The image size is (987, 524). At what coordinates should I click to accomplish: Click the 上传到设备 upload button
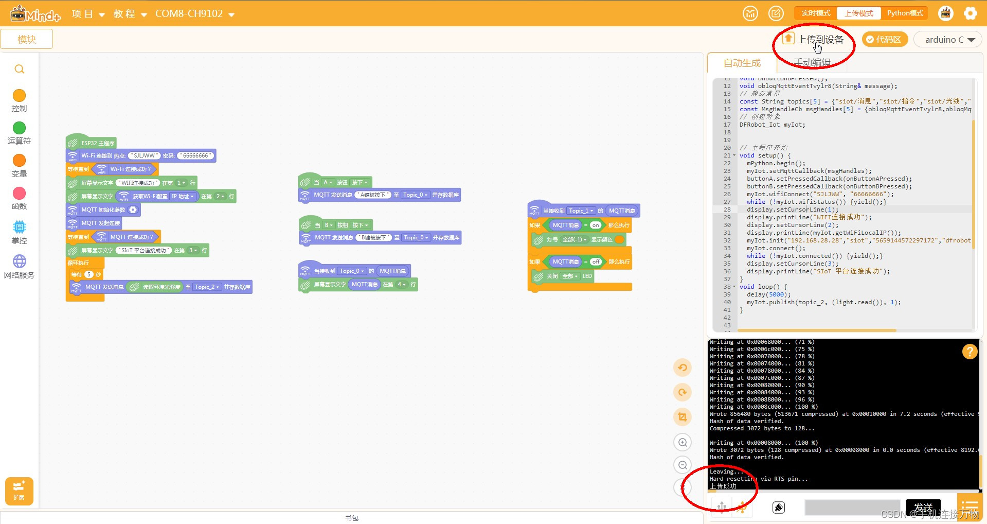point(813,40)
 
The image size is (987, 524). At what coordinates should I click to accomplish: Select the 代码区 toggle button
point(884,40)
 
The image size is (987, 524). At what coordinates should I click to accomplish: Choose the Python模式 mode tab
point(905,13)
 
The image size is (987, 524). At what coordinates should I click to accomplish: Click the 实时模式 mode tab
point(816,13)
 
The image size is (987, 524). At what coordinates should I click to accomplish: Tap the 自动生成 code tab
point(742,63)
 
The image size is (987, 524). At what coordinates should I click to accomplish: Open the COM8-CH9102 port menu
point(194,14)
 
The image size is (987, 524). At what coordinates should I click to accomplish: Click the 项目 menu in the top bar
point(88,14)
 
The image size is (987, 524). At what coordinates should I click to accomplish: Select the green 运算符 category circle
point(19,128)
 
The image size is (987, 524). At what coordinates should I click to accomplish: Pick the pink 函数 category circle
point(19,194)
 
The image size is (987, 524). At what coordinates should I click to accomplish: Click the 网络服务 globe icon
point(19,261)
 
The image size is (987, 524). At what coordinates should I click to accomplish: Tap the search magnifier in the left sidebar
point(20,69)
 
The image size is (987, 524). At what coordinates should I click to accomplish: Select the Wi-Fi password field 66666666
point(195,155)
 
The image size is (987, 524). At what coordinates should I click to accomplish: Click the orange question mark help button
point(970,352)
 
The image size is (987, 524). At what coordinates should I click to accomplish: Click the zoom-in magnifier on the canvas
point(683,442)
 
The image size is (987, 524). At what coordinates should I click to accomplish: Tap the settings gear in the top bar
point(970,13)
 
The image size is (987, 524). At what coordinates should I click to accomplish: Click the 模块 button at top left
point(27,39)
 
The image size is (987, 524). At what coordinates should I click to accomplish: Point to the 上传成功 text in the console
point(723,486)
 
